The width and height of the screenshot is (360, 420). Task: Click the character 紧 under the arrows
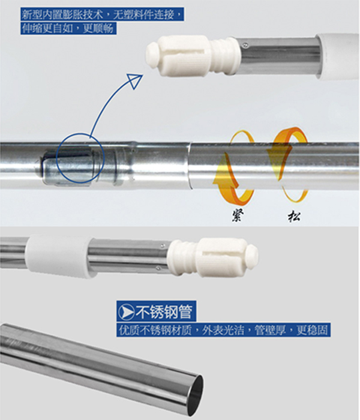(x=238, y=215)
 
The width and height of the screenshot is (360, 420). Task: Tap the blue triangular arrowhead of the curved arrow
(x=135, y=81)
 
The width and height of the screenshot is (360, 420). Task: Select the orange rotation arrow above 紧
(x=233, y=168)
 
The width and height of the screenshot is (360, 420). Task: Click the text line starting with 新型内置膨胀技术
(x=103, y=14)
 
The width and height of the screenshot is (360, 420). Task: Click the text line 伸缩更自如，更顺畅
(x=68, y=28)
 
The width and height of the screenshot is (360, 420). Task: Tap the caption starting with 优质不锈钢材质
(x=223, y=330)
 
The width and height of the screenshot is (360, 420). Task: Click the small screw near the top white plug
(x=245, y=46)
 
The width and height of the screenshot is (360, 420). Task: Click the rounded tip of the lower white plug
(x=253, y=257)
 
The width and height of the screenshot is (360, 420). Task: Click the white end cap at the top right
(x=338, y=56)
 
